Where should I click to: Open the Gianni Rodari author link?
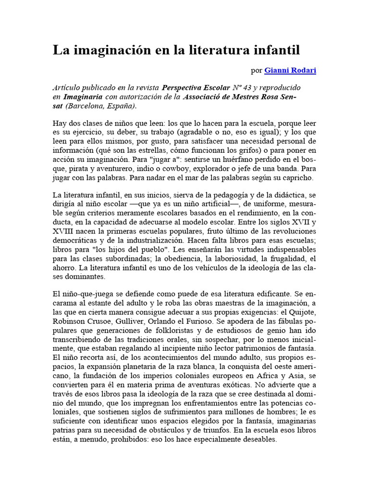(x=290, y=71)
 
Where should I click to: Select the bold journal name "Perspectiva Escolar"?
(x=196, y=88)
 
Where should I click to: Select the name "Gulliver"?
(x=132, y=322)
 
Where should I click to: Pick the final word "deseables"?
(x=258, y=439)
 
